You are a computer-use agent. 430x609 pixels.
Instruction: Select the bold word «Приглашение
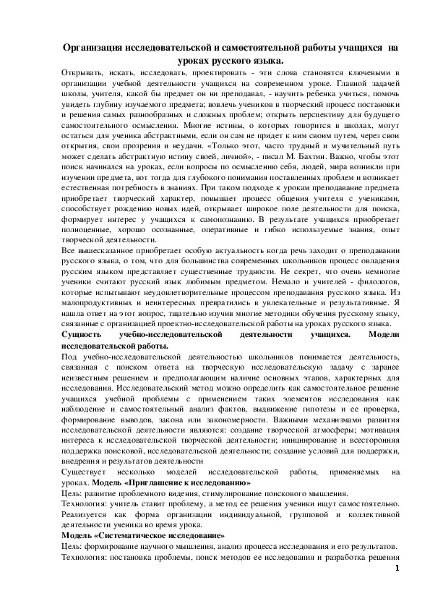[157, 483]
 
